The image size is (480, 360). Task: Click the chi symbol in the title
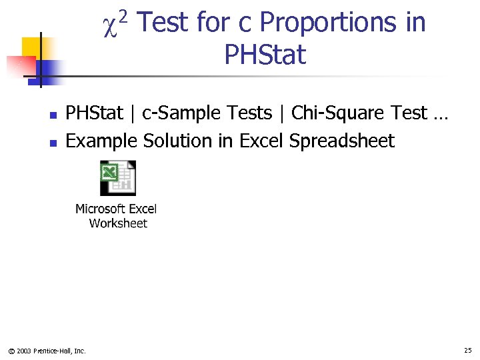pos(111,25)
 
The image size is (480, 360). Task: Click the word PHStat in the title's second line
pos(265,55)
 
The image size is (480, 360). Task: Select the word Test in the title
pos(166,23)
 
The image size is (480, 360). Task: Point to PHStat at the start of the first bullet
pos(95,113)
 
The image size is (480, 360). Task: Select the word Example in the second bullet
pos(101,141)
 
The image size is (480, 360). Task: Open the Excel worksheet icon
pos(118,178)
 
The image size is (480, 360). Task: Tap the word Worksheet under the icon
pos(118,223)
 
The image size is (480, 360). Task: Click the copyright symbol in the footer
pos(11,351)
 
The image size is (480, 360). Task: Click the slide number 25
pos(467,350)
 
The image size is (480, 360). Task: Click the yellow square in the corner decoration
pos(32,47)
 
